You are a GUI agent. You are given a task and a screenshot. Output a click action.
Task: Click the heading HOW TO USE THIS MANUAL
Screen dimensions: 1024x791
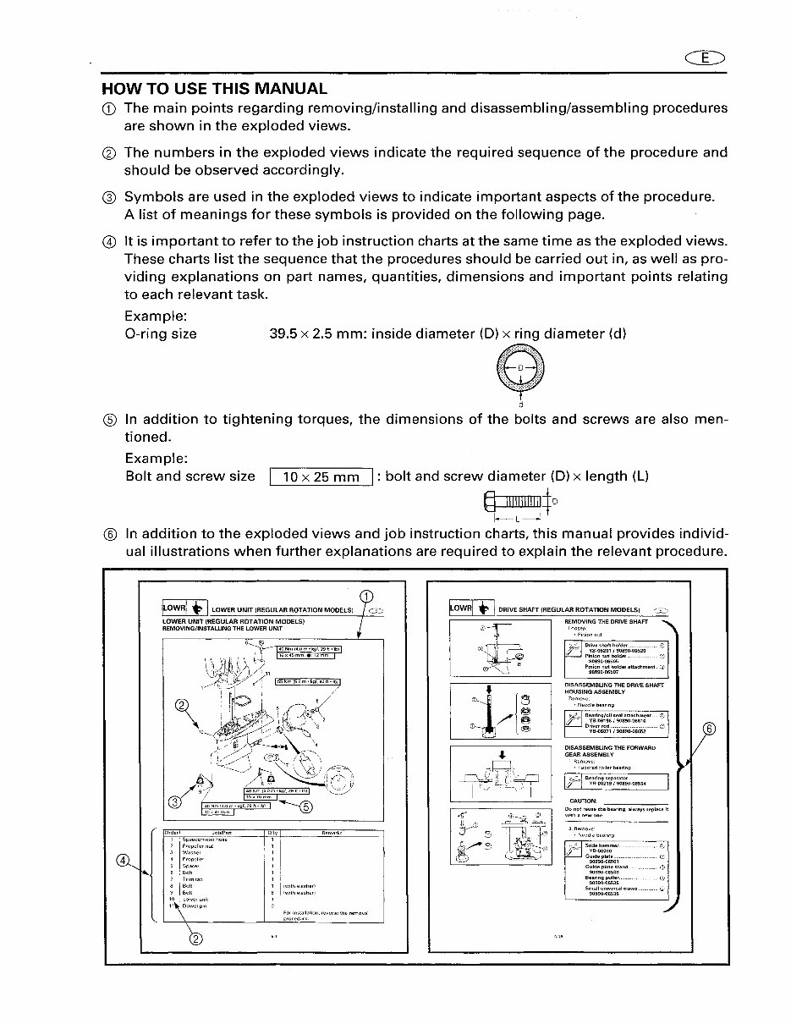[214, 88]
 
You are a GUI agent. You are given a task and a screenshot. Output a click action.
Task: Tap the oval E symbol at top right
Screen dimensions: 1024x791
[706, 58]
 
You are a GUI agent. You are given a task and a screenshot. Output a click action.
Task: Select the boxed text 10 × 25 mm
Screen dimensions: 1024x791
[321, 476]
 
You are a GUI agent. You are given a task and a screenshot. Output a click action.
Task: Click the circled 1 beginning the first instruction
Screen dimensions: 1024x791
[108, 108]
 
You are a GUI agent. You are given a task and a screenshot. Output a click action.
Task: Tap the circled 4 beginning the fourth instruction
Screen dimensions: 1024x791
[108, 242]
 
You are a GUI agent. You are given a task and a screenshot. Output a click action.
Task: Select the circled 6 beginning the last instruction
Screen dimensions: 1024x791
[108, 534]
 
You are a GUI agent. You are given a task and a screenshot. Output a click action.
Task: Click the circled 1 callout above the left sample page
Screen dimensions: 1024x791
[365, 597]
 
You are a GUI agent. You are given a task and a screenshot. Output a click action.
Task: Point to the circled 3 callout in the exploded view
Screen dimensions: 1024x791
[175, 801]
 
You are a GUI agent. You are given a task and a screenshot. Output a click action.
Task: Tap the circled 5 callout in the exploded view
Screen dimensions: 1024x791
[306, 806]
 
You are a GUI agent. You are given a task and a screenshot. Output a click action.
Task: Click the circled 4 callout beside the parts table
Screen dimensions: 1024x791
[124, 862]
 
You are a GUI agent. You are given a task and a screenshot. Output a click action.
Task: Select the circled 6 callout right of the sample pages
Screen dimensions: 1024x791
[709, 729]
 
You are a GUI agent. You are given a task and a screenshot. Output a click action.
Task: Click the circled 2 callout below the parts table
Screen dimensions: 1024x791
[195, 937]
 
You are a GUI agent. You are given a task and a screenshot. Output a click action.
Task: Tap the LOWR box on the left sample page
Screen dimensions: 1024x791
[174, 608]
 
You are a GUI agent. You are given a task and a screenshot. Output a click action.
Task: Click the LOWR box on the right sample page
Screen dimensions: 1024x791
[461, 608]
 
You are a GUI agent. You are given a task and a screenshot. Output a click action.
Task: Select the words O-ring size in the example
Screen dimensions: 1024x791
[161, 333]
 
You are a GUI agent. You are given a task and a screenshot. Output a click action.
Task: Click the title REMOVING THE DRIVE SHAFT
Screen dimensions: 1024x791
[606, 622]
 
